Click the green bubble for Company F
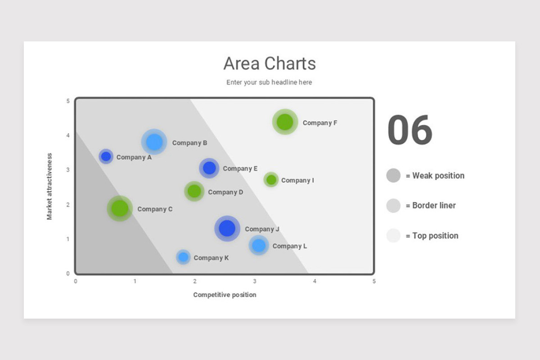pyautogui.click(x=284, y=122)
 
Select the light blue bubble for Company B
pyautogui.click(x=154, y=142)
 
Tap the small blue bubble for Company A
pyautogui.click(x=106, y=157)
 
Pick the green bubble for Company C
pyautogui.click(x=120, y=208)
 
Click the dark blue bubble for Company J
pyautogui.click(x=227, y=229)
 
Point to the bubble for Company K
pyautogui.click(x=183, y=257)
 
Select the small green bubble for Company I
pyautogui.click(x=271, y=180)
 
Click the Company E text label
pyautogui.click(x=240, y=169)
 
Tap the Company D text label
pyautogui.click(x=225, y=192)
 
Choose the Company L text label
pyautogui.click(x=290, y=246)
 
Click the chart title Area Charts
pyautogui.click(x=270, y=63)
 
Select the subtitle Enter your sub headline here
pyautogui.click(x=269, y=82)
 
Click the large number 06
pyautogui.click(x=409, y=130)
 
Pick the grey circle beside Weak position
pyautogui.click(x=393, y=175)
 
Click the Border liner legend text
pyautogui.click(x=434, y=206)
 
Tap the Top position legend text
pyautogui.click(x=435, y=236)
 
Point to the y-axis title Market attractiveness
pyautogui.click(x=49, y=186)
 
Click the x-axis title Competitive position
pyautogui.click(x=225, y=295)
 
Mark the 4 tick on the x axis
pyautogui.click(x=315, y=281)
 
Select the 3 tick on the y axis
pyautogui.click(x=68, y=170)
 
